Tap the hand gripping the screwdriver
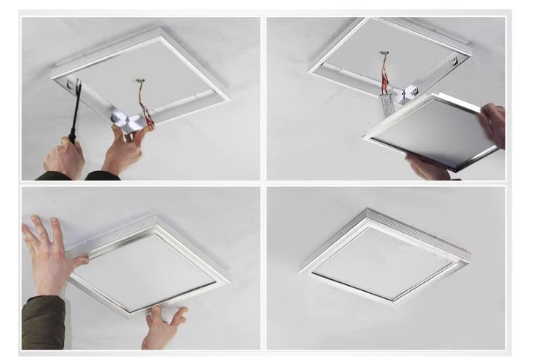[x=65, y=157]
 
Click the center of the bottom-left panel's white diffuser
[x=147, y=269]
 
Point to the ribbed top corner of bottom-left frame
[x=157, y=219]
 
